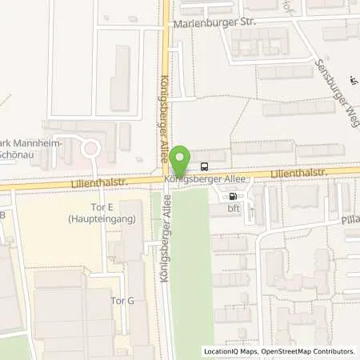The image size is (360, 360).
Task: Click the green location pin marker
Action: click(x=182, y=158)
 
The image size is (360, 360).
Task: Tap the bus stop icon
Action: click(x=205, y=167)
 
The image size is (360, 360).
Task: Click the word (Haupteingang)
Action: click(x=98, y=218)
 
